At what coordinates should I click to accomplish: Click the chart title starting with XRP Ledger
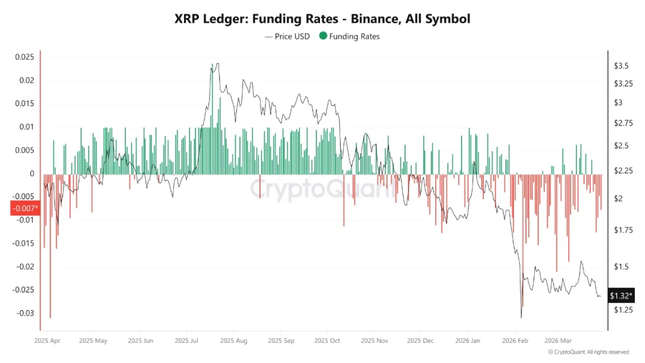322,19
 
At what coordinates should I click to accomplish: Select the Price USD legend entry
287,36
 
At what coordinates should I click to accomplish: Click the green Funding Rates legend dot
323,36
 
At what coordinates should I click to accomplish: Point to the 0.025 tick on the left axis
24,57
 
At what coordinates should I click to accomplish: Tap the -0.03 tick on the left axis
24,313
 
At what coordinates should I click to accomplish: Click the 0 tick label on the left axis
31,173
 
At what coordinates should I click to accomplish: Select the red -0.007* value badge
25,208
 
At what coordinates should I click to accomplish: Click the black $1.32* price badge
621,295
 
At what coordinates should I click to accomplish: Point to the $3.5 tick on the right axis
622,66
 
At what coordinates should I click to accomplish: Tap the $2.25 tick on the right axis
624,171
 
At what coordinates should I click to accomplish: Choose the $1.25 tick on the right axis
624,310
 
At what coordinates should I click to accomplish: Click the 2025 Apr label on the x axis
47,340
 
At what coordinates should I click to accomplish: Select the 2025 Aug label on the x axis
232,340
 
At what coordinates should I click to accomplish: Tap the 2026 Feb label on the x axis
515,340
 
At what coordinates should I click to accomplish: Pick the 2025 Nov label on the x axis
374,340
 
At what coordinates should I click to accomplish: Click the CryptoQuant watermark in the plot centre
322,188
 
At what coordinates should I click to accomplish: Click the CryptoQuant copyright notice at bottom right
588,352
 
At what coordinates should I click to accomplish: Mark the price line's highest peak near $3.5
217,64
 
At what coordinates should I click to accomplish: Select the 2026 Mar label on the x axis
558,340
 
